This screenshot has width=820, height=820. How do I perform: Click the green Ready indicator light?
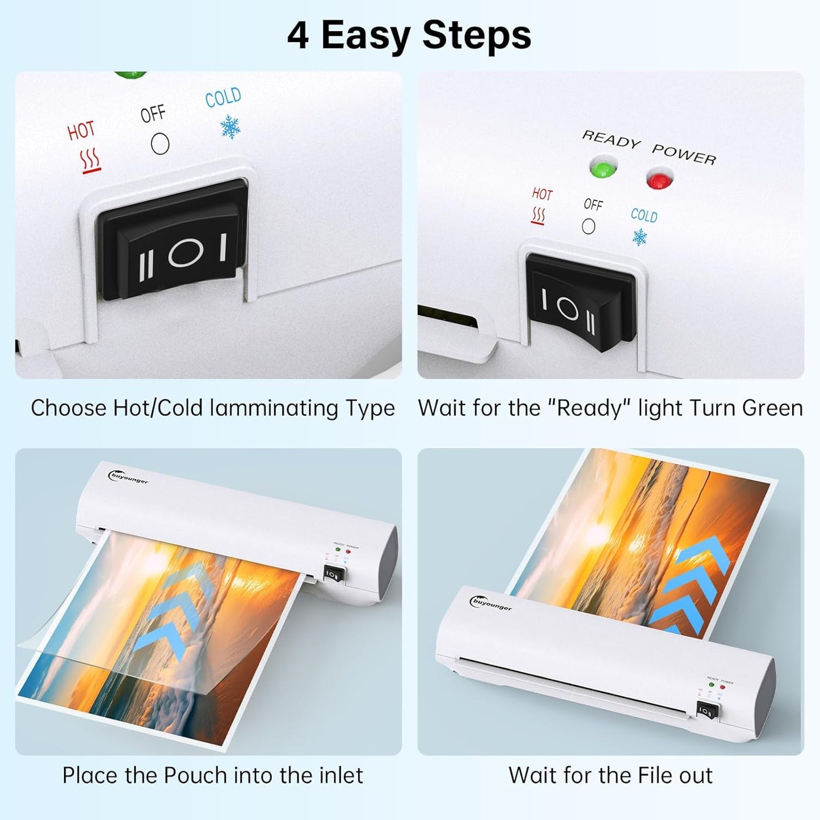coord(602,169)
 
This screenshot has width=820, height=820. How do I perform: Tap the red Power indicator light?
coord(659,180)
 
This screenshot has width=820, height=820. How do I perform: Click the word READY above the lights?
coord(611,139)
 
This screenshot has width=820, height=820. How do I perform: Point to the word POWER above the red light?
coord(684,154)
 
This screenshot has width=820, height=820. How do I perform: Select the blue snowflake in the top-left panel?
coord(230,127)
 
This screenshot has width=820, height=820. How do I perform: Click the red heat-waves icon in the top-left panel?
coord(90,161)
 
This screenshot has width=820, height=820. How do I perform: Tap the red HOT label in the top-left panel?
coord(81,131)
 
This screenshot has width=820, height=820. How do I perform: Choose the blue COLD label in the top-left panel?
coord(223,98)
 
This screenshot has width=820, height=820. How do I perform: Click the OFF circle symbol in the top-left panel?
coord(160,144)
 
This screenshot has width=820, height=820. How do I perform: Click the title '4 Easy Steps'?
coord(409,35)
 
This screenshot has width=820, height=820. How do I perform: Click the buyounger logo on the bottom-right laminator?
coord(491,604)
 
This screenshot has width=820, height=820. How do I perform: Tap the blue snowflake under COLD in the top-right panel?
coord(640,237)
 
